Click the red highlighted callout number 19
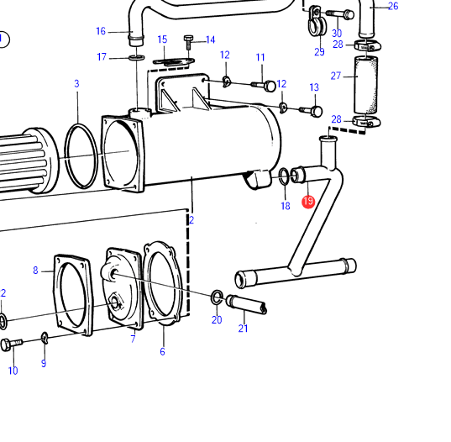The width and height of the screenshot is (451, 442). pyautogui.click(x=308, y=202)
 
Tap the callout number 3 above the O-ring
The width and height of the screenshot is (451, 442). pyautogui.click(x=76, y=84)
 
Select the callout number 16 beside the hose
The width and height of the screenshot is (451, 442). pyautogui.click(x=101, y=31)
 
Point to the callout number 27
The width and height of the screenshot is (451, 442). pyautogui.click(x=336, y=76)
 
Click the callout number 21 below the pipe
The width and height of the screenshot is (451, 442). pyautogui.click(x=243, y=329)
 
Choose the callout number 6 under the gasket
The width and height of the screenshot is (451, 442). pyautogui.click(x=162, y=351)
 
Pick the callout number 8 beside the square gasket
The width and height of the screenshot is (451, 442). pyautogui.click(x=35, y=271)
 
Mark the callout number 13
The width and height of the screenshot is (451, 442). pyautogui.click(x=314, y=87)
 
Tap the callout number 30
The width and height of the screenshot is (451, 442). pyautogui.click(x=337, y=34)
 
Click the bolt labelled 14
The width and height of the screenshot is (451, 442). pyautogui.click(x=188, y=42)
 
